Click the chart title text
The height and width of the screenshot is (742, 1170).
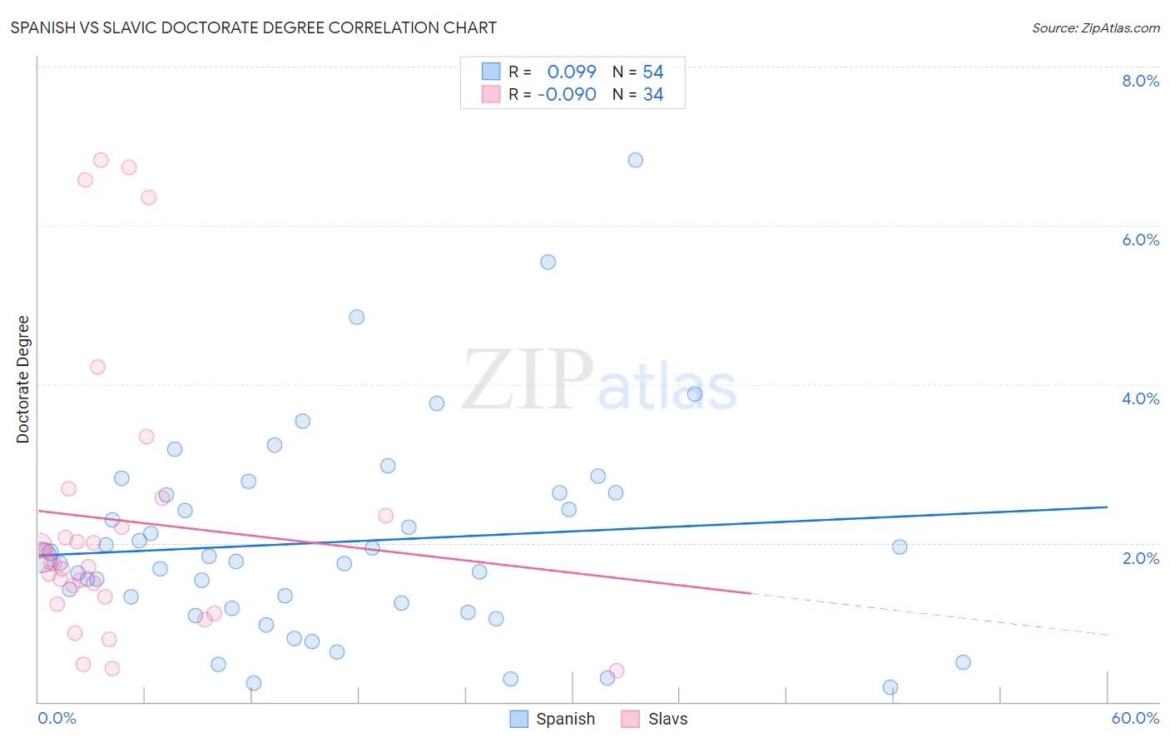pyautogui.click(x=253, y=27)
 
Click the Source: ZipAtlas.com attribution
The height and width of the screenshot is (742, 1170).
pyautogui.click(x=1095, y=27)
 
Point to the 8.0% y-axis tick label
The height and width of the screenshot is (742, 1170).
pyautogui.click(x=1140, y=81)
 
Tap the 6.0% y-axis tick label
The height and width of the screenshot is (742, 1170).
pyautogui.click(x=1140, y=240)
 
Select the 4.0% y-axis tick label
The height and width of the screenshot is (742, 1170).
pyautogui.click(x=1140, y=398)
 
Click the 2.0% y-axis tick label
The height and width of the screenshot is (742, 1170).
pyautogui.click(x=1140, y=558)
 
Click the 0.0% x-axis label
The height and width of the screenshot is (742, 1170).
pyautogui.click(x=57, y=718)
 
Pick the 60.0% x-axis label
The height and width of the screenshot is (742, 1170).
pyautogui.click(x=1135, y=718)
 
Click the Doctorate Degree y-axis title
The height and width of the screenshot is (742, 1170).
pyautogui.click(x=23, y=379)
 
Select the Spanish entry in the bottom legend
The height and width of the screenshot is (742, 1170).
pyautogui.click(x=565, y=719)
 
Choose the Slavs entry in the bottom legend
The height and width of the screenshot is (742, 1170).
pyautogui.click(x=667, y=719)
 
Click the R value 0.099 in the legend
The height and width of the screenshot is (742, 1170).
pyautogui.click(x=572, y=72)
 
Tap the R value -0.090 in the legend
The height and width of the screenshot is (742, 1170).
pyautogui.click(x=567, y=95)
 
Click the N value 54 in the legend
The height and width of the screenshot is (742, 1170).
pyautogui.click(x=653, y=72)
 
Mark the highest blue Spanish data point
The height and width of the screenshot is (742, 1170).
pyautogui.click(x=636, y=161)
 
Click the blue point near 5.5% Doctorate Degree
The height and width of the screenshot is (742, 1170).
pyautogui.click(x=548, y=262)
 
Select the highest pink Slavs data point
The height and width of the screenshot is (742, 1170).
pyautogui.click(x=101, y=160)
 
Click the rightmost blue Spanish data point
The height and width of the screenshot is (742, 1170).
pyautogui.click(x=963, y=662)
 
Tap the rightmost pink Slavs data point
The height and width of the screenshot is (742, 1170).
pyautogui.click(x=617, y=670)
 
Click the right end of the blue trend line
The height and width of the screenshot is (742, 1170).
pyautogui.click(x=1107, y=507)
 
